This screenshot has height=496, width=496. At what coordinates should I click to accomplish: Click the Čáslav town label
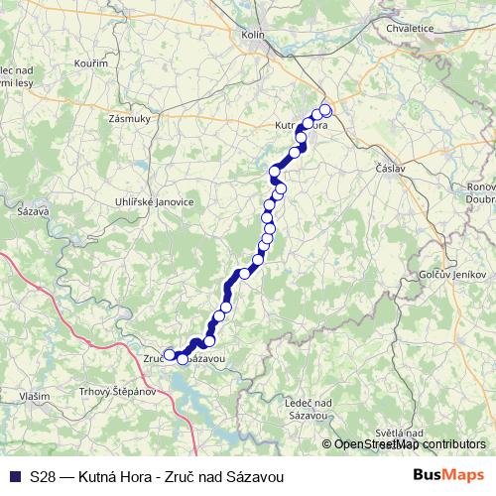(390, 169)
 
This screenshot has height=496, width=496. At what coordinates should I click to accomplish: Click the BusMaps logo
(449, 476)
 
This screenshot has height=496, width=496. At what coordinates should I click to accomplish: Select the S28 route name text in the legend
(157, 477)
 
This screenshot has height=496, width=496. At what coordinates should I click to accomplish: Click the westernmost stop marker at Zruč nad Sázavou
(170, 354)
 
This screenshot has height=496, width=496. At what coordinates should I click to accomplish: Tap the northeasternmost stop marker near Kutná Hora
(325, 110)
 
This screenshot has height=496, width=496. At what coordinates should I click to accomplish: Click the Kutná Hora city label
(300, 127)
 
